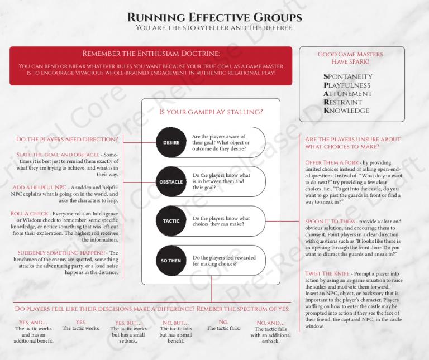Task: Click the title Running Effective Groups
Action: coord(214,17)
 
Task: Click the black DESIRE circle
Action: coord(171,142)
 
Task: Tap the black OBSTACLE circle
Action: coord(171,181)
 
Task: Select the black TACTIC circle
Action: coord(171,221)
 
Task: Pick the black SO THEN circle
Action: coord(171,261)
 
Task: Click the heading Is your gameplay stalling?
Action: coord(211,112)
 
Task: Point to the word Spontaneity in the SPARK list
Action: coord(347,77)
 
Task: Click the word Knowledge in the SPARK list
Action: coord(346,111)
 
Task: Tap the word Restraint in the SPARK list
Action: coord(346,102)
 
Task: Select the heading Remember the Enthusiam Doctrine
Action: coord(151,54)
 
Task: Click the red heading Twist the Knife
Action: coord(328,273)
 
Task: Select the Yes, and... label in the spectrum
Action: coord(33,322)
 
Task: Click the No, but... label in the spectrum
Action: coord(175,323)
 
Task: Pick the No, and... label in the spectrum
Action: coord(270,323)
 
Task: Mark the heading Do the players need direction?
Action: coord(67,139)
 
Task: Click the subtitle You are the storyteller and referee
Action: coord(214,28)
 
